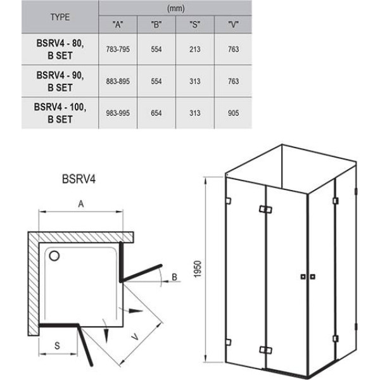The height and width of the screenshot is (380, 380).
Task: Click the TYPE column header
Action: point(60,17)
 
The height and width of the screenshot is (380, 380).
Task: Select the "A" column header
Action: point(118,25)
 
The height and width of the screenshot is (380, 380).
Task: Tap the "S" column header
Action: point(195,25)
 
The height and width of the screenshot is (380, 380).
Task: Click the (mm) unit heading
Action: point(175,8)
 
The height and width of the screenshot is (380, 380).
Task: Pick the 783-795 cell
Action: point(118,49)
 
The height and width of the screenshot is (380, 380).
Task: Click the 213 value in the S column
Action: point(195,49)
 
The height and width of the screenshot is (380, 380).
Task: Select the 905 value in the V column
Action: point(233,113)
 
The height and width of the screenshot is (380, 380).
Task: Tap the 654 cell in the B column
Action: point(156,113)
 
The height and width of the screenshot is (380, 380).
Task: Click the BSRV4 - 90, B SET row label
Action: point(60,81)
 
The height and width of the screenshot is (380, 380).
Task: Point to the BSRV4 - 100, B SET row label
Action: point(60,113)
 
